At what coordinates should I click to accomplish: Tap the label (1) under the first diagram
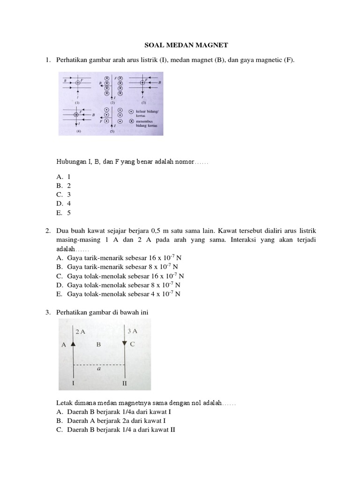[76, 102]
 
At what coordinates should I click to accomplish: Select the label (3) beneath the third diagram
[144, 102]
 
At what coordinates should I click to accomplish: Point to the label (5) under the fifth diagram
[112, 132]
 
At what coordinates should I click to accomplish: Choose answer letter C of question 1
[60, 194]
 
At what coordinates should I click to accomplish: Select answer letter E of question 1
[60, 212]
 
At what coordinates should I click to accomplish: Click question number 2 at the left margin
[48, 231]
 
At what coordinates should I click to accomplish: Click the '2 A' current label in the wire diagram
[80, 331]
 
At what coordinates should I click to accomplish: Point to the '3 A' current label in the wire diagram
[132, 331]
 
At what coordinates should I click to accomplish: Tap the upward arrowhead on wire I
[73, 344]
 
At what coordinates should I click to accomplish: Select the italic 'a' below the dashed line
[99, 369]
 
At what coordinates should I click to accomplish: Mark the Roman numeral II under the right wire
[125, 383]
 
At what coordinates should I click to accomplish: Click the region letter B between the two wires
[98, 345]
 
